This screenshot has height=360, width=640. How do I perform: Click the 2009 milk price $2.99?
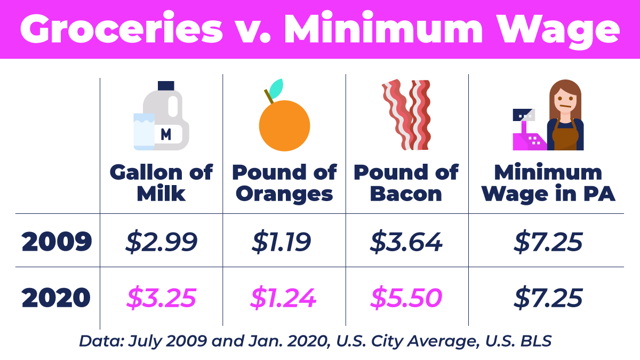coord(162,242)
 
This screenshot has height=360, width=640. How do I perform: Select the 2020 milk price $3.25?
coord(162,298)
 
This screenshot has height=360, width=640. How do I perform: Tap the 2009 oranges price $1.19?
coord(284,242)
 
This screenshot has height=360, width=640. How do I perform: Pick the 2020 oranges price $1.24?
coord(284,298)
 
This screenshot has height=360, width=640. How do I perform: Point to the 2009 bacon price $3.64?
coord(406,242)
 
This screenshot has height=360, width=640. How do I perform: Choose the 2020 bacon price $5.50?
coord(406,298)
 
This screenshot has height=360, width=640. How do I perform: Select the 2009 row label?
coord(57,242)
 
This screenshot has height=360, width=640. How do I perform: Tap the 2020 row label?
coord(57,298)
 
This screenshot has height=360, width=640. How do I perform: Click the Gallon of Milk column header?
coord(161,183)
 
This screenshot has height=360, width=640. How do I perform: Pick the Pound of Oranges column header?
coord(284,183)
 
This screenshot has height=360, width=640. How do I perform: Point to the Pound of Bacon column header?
coord(406,183)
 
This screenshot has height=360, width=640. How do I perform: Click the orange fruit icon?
coord(284,126)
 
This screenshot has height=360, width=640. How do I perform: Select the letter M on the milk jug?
coord(166,134)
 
